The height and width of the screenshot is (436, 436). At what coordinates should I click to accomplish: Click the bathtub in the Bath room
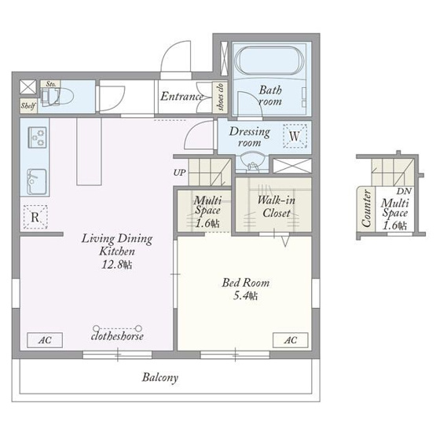pyautogui.click(x=269, y=60)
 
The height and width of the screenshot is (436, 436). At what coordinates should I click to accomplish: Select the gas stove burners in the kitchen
pyautogui.click(x=37, y=137)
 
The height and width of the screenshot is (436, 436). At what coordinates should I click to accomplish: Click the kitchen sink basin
pyautogui.click(x=36, y=181)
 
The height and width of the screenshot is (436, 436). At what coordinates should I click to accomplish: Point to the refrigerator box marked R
pyautogui.click(x=35, y=217)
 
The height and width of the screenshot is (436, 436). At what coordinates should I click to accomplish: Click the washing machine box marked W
pyautogui.click(x=295, y=136)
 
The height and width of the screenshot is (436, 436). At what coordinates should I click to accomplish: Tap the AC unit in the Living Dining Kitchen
pyautogui.click(x=45, y=340)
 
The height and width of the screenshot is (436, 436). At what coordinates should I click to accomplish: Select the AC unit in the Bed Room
pyautogui.click(x=291, y=340)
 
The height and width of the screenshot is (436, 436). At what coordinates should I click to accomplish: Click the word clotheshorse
pyautogui.click(x=117, y=336)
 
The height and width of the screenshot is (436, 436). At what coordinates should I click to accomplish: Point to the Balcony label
pyautogui.click(x=160, y=378)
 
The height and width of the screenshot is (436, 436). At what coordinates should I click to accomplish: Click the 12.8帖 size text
pyautogui.click(x=117, y=265)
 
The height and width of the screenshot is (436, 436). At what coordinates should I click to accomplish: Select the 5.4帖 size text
pyautogui.click(x=245, y=295)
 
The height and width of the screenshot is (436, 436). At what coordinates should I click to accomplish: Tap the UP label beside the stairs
pyautogui.click(x=179, y=172)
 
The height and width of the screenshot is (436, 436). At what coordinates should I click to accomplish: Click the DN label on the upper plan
pyautogui.click(x=404, y=192)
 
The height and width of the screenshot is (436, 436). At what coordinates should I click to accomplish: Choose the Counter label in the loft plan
pyautogui.click(x=366, y=207)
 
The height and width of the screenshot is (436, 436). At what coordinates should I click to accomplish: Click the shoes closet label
pyautogui.click(x=221, y=97)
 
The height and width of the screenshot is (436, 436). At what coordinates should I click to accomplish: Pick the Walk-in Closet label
pyautogui.click(x=276, y=207)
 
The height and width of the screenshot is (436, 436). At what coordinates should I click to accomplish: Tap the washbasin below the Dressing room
pyautogui.click(x=252, y=162)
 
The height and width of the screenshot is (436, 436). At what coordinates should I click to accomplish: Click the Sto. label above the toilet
pyautogui.click(x=51, y=84)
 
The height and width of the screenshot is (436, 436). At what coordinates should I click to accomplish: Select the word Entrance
pyautogui.click(x=181, y=97)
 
